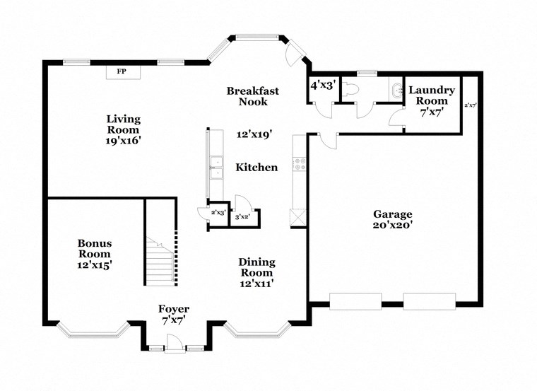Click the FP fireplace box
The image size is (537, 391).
click(x=122, y=71)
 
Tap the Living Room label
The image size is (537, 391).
click(x=124, y=129)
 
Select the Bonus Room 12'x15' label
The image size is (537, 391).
click(x=94, y=254)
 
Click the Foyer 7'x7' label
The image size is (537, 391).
click(x=174, y=314)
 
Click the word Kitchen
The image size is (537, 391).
click(x=256, y=168)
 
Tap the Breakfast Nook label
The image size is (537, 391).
click(x=252, y=96)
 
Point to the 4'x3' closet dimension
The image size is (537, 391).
click(x=322, y=86)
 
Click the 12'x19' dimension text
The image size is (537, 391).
click(x=254, y=134)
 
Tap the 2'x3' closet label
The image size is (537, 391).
click(x=218, y=213)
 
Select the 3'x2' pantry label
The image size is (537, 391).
click(x=241, y=218)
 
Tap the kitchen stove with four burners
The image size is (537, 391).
click(x=299, y=164)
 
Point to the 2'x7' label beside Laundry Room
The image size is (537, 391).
click(x=470, y=105)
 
